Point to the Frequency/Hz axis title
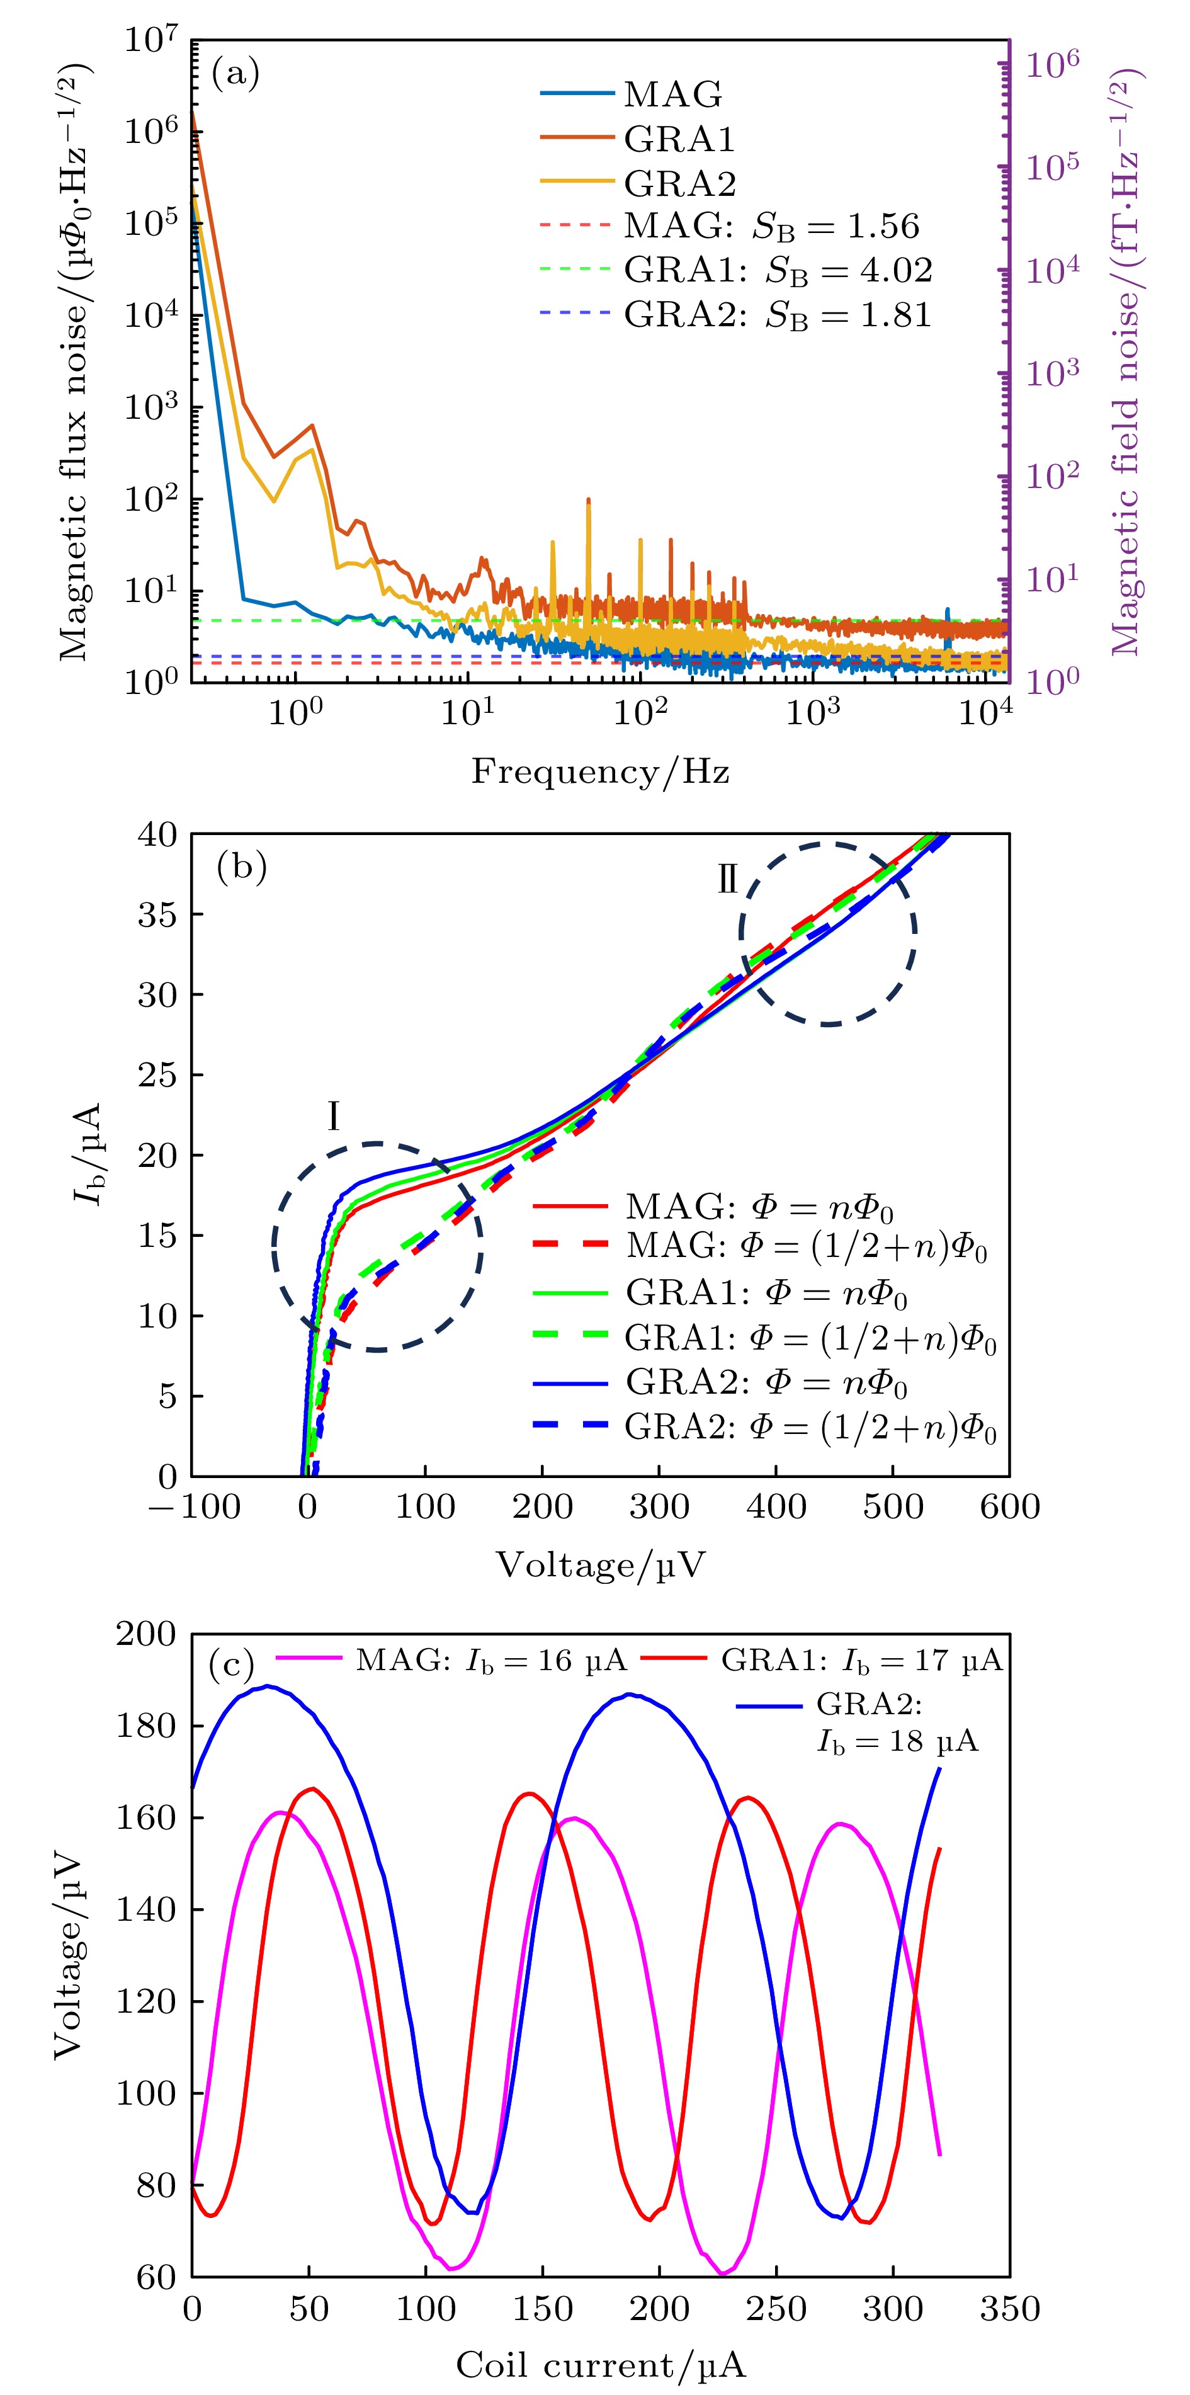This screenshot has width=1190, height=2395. pos(599,771)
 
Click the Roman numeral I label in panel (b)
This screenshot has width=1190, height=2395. pos(333,1117)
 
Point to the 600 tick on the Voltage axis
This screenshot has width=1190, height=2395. pos(1009,1507)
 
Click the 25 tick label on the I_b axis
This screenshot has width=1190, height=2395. pos(157,1075)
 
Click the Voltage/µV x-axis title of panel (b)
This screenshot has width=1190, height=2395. pos(599,1566)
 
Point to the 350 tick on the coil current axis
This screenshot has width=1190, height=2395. pos(1009,2309)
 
